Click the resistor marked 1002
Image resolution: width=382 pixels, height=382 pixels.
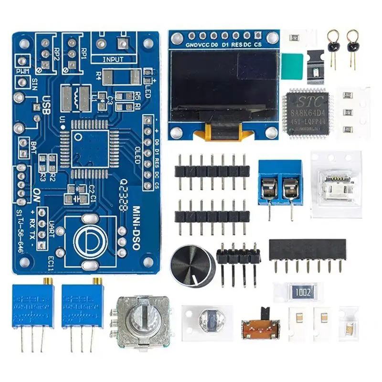303,292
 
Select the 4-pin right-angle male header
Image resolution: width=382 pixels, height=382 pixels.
238,258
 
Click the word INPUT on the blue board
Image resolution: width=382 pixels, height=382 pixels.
113,60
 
